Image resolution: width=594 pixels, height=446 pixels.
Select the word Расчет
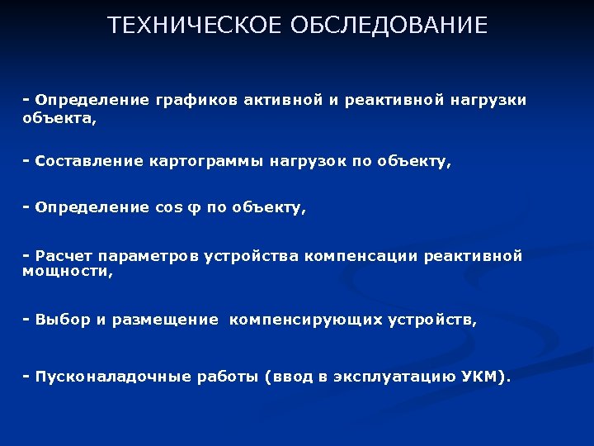pos(62,256)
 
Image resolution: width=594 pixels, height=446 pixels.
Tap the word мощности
pos(65,271)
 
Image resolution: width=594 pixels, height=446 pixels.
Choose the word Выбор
pos(62,320)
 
